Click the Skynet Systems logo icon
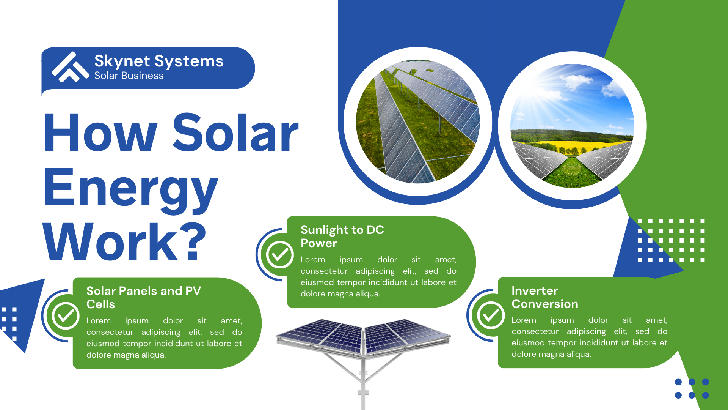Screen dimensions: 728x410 (x=70, y=67)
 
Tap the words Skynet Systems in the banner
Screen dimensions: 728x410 (x=159, y=61)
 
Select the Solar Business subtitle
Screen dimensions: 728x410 (x=129, y=76)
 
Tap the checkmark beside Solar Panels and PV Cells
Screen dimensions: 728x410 (x=66, y=316)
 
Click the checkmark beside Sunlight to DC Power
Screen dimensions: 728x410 (x=280, y=255)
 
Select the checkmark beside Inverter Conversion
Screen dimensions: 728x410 (x=491, y=315)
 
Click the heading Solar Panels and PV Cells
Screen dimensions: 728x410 (x=144, y=298)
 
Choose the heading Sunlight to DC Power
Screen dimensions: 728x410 (x=342, y=236)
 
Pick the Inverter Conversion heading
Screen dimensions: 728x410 (x=545, y=297)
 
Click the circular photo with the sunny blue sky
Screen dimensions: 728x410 (x=572, y=126)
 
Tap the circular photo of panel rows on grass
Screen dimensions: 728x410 (x=418, y=121)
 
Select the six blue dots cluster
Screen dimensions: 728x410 (x=692, y=388)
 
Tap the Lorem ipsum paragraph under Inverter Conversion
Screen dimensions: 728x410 (x=589, y=337)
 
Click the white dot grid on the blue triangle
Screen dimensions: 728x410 (x=671, y=240)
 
